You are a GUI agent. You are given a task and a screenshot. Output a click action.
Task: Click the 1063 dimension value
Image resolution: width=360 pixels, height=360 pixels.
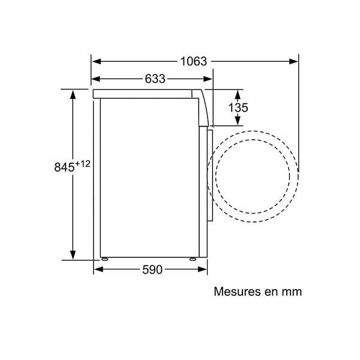click(x=194, y=62)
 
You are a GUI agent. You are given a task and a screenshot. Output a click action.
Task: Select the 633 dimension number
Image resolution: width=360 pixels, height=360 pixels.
click(x=155, y=79)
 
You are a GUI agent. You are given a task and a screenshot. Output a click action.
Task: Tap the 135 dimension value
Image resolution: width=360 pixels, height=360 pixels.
click(x=238, y=107)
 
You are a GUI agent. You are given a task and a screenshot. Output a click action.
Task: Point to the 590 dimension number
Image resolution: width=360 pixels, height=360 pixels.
click(x=152, y=269)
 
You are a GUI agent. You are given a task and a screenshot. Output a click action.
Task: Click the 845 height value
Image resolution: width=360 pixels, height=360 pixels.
click(x=65, y=167)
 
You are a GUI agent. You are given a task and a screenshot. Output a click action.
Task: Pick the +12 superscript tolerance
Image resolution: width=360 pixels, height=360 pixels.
click(x=83, y=164)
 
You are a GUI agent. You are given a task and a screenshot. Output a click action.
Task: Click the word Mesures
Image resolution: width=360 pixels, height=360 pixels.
click(x=238, y=292)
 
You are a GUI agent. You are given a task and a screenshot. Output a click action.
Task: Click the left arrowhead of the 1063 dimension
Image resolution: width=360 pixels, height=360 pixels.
click(x=97, y=62)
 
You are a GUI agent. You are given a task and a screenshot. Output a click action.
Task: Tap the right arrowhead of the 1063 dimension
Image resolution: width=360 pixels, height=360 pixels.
click(x=293, y=62)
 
